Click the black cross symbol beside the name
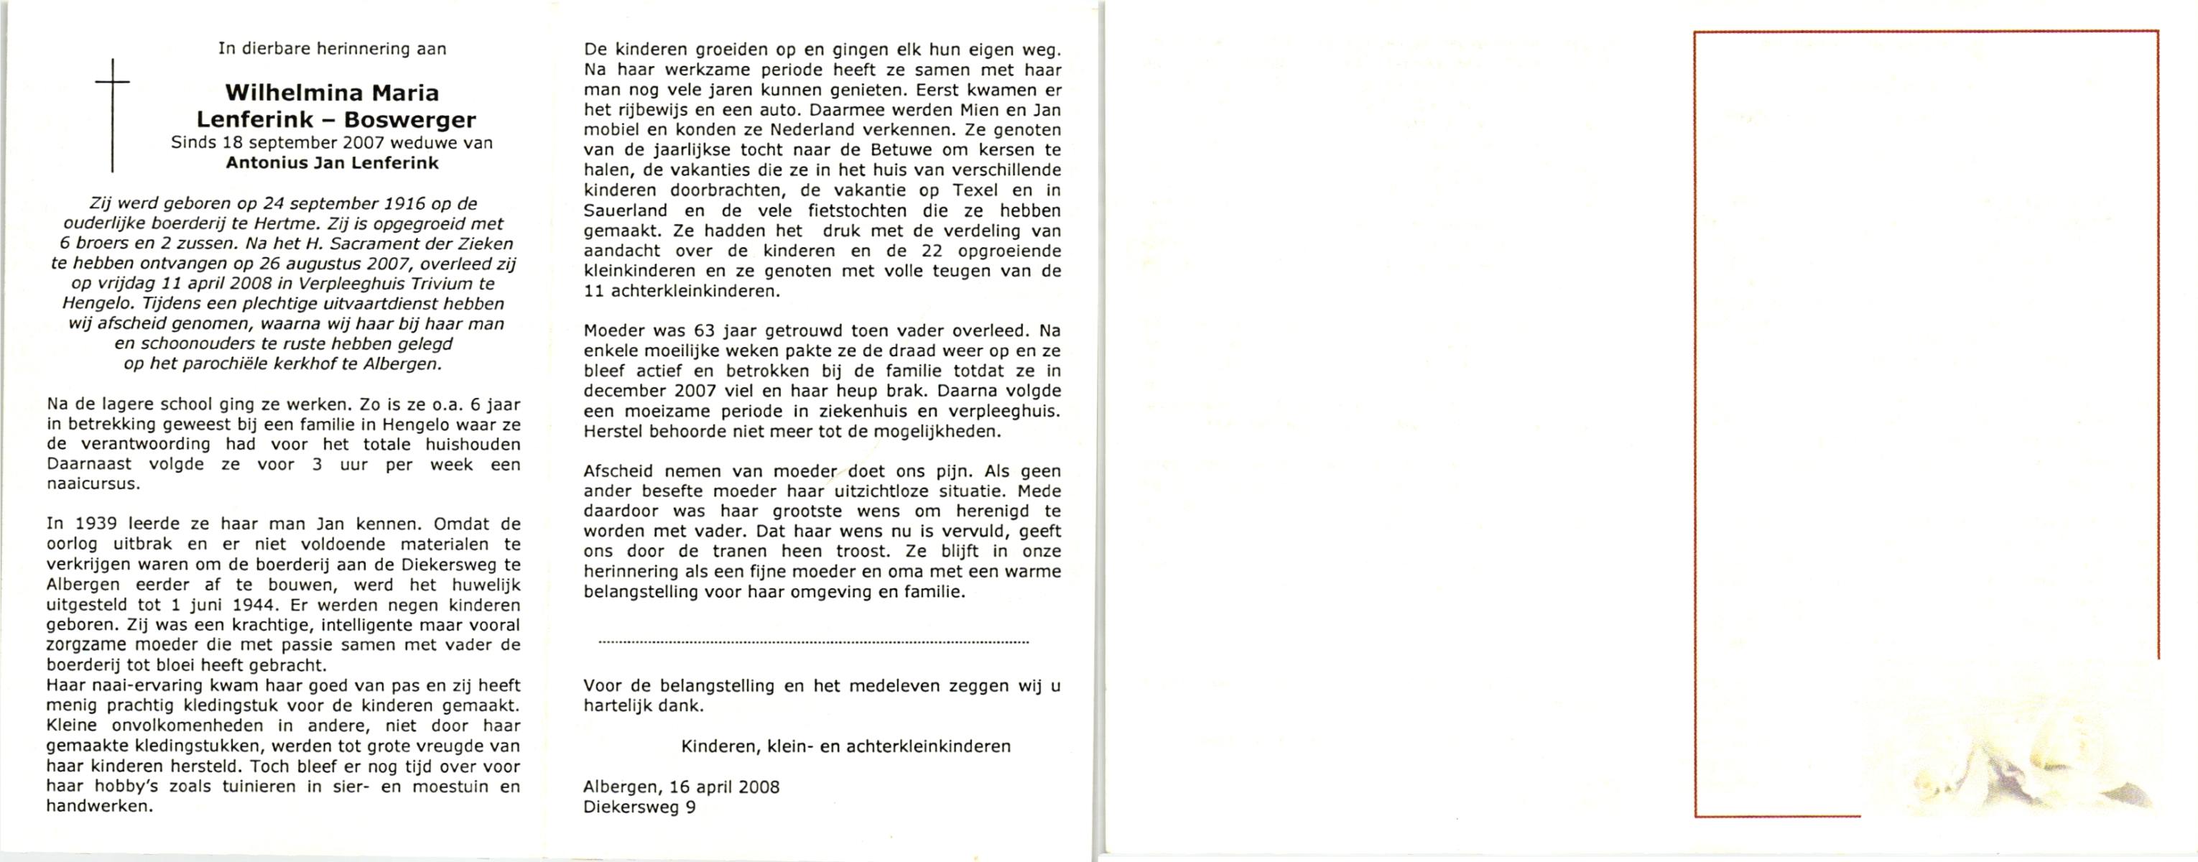pyautogui.click(x=112, y=115)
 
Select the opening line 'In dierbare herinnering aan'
pyautogui.click(x=332, y=49)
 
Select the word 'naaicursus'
pyautogui.click(x=93, y=484)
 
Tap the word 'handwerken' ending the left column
pyautogui.click(x=99, y=806)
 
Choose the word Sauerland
pyautogui.click(x=626, y=210)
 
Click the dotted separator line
pyautogui.click(x=813, y=641)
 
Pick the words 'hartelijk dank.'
pyautogui.click(x=644, y=706)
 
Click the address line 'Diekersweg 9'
pyautogui.click(x=639, y=807)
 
